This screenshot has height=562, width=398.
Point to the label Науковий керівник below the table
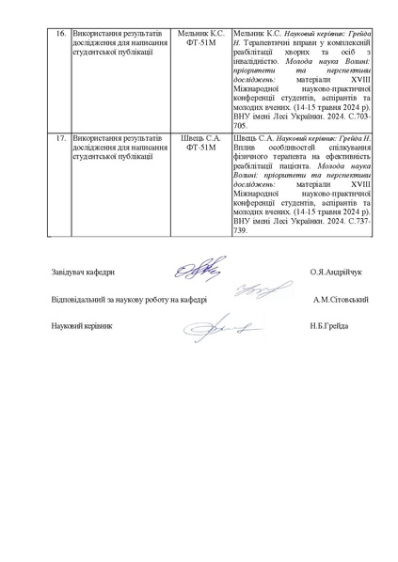click(82, 325)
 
